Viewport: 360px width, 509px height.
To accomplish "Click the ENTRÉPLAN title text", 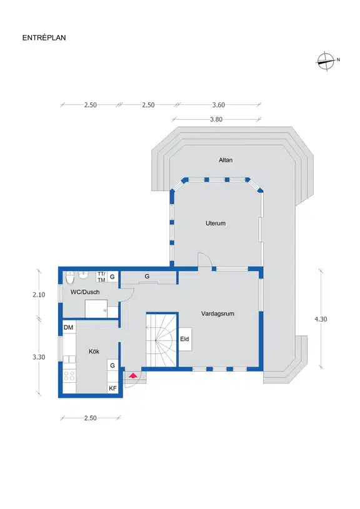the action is click(44, 37).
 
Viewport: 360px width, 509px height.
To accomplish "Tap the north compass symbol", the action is click(326, 61).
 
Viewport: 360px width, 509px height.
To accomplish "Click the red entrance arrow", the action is click(132, 376).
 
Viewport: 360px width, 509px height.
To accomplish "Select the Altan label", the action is click(226, 160).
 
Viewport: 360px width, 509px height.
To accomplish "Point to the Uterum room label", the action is click(216, 224).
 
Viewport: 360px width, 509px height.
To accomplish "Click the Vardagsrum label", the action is click(217, 314).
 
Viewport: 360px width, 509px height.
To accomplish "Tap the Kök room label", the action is click(94, 351).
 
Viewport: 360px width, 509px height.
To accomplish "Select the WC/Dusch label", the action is click(85, 292).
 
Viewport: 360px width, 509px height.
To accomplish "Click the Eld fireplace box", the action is click(185, 339).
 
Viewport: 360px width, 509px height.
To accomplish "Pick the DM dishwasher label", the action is click(69, 327).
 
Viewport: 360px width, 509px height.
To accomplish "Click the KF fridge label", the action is click(112, 388).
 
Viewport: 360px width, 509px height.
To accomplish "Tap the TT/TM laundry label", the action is click(101, 277).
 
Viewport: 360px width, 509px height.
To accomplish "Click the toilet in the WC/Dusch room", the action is click(70, 277).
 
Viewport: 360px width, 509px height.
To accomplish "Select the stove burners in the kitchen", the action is click(69, 376).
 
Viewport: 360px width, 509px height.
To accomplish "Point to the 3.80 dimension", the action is click(216, 119).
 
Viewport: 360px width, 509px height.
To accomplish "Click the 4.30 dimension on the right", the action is click(321, 319).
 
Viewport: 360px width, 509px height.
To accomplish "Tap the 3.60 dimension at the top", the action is click(219, 105).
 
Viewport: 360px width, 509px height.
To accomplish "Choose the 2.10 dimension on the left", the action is click(39, 295).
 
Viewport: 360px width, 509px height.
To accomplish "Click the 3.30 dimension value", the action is click(39, 357).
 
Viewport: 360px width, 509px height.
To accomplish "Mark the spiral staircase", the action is click(161, 340).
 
